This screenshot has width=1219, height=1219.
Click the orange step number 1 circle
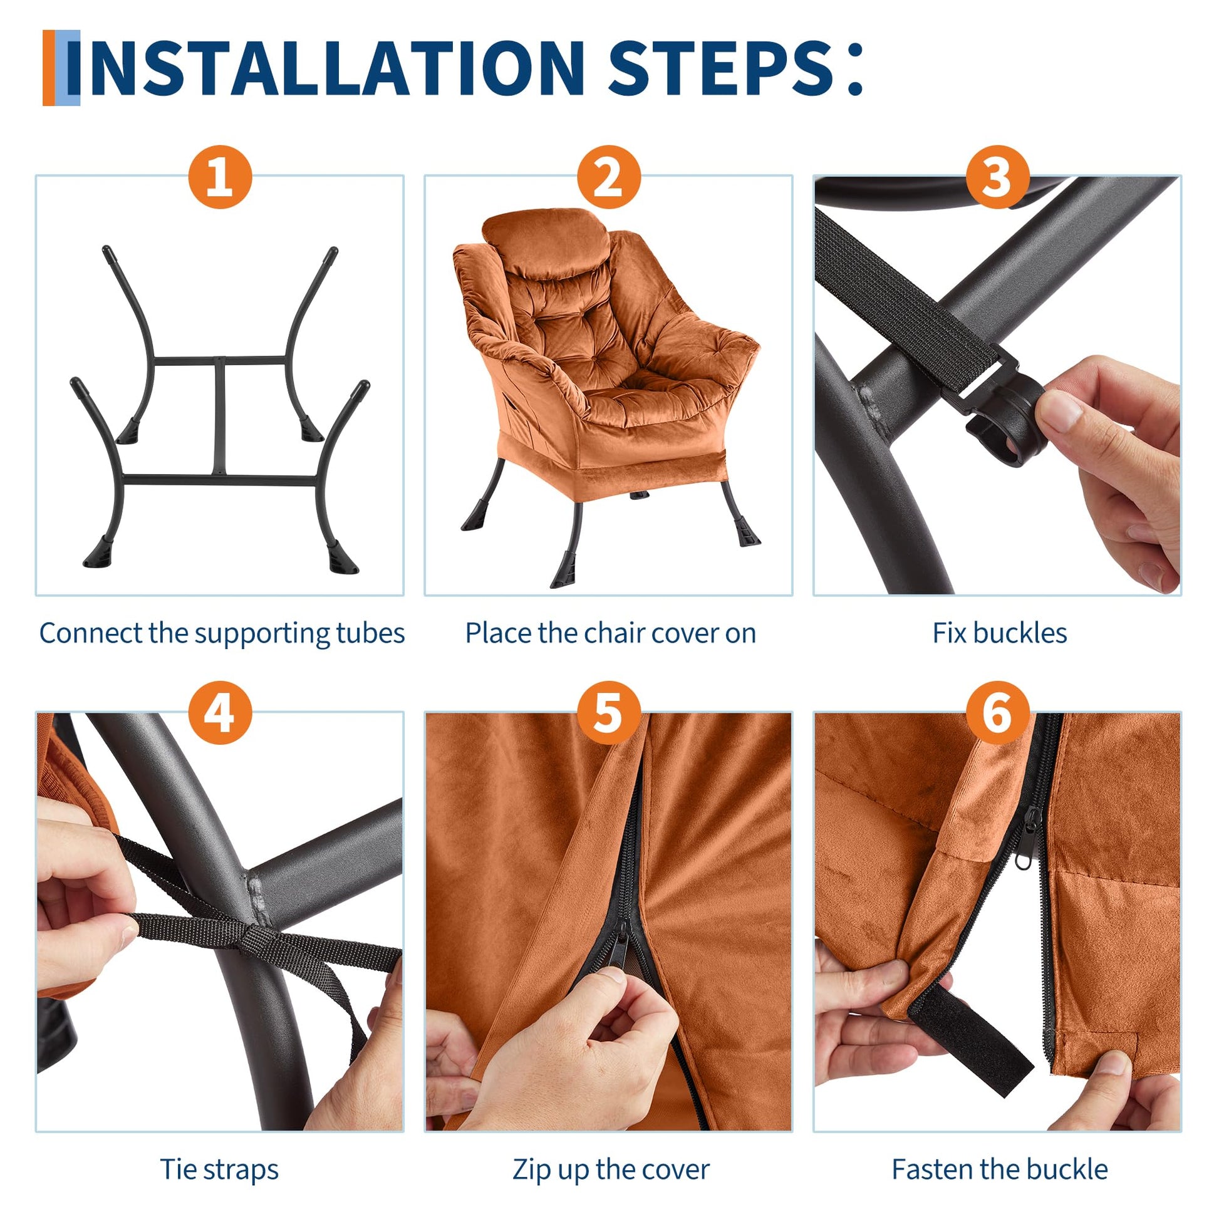tap(220, 177)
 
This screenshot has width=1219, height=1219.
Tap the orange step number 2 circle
tap(609, 177)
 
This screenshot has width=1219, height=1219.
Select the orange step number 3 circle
tap(997, 177)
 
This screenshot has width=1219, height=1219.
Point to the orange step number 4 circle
tap(220, 713)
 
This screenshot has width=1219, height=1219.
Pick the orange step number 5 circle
tap(609, 713)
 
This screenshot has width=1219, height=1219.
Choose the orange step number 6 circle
tap(997, 713)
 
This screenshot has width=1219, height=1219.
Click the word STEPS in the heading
tap(720, 68)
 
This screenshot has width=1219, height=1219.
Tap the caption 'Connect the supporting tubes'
tap(222, 633)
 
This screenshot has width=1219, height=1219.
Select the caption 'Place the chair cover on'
tap(610, 633)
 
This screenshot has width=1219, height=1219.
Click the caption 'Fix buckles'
tap(999, 633)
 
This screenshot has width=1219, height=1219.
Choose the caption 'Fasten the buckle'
tap(999, 1170)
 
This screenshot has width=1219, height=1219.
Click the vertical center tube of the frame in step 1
tap(220, 417)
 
